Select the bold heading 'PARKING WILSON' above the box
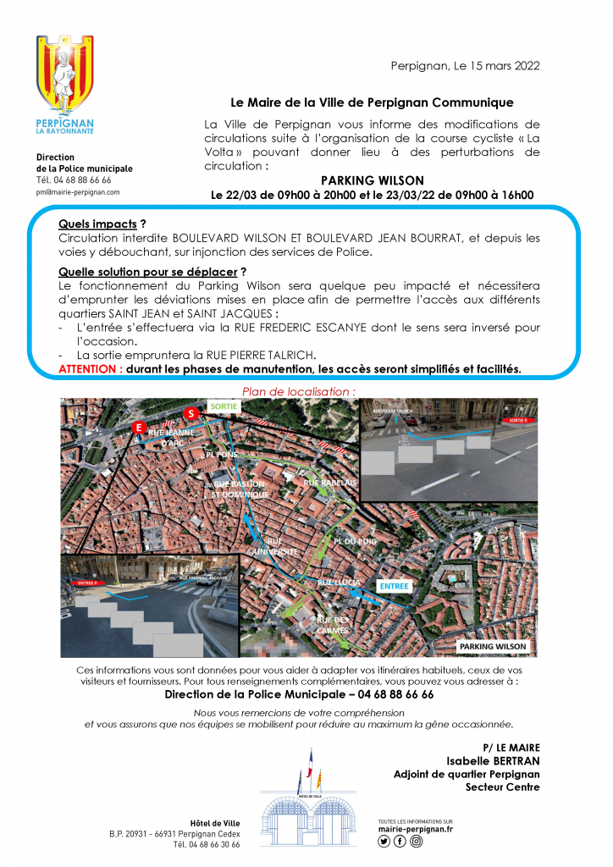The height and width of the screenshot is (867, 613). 372,180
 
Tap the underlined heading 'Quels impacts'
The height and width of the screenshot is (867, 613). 97,224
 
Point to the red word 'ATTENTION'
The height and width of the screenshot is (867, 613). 88,369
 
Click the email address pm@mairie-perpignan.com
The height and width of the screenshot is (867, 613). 78,192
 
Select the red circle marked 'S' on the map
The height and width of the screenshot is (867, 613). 191,412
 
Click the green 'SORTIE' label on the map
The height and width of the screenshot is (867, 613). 225,406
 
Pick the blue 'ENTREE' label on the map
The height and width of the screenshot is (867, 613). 394,585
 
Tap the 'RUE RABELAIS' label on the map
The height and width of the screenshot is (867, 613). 330,482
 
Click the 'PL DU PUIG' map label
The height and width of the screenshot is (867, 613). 355,540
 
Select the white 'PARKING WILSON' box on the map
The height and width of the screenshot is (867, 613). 493,647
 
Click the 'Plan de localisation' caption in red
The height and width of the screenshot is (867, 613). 299,391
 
